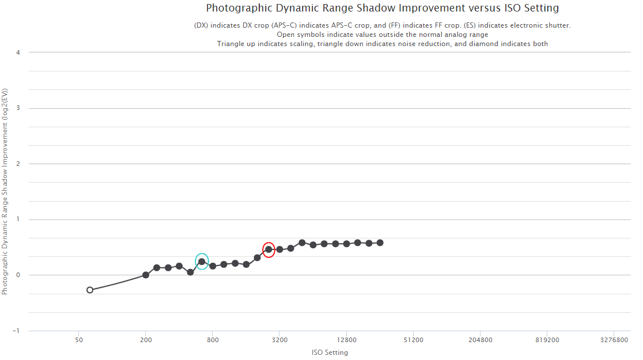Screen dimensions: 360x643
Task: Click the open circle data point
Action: click(x=90, y=290)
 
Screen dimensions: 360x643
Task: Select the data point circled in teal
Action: click(x=202, y=262)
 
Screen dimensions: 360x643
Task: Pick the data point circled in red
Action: click(x=268, y=249)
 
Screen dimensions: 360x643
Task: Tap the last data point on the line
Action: click(x=380, y=242)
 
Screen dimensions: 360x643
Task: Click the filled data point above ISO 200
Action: click(x=146, y=275)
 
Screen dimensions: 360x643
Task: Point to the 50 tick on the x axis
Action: click(x=78, y=340)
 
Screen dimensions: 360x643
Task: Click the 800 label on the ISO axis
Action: click(x=213, y=340)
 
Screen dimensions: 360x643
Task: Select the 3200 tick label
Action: click(x=279, y=340)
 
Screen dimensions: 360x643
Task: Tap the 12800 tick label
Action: click(x=346, y=340)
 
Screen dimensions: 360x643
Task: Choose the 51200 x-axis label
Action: click(x=413, y=340)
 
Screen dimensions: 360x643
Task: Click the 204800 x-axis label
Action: click(x=480, y=340)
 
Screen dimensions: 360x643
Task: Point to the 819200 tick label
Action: click(x=547, y=340)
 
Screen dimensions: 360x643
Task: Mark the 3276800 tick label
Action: click(x=614, y=340)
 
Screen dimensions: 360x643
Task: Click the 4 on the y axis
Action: click(x=18, y=52)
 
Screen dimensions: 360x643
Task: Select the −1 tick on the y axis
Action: click(x=17, y=331)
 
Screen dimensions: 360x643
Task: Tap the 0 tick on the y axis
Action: click(x=18, y=275)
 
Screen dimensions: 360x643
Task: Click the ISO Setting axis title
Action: click(x=330, y=353)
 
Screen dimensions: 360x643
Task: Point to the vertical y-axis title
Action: click(x=5, y=192)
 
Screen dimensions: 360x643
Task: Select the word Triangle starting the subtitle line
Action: click(x=231, y=44)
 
